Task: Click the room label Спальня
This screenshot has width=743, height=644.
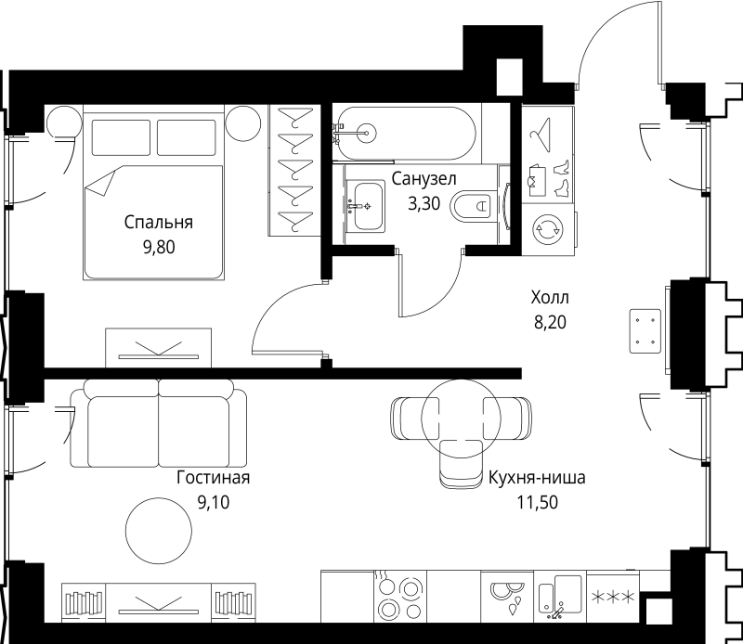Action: (x=158, y=223)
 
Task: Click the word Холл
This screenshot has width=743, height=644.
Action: (x=549, y=299)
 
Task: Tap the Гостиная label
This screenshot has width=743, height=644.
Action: (x=213, y=478)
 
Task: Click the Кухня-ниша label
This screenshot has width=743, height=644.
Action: (x=537, y=479)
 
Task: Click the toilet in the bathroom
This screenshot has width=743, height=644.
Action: (x=474, y=205)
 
